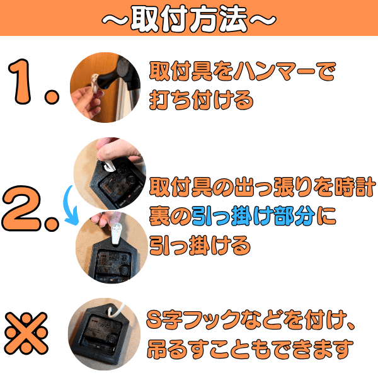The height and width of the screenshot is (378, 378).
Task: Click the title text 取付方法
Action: [x=189, y=18]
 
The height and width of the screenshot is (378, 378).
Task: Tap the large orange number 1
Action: [x=21, y=81]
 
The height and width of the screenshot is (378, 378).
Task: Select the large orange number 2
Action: [x=21, y=209]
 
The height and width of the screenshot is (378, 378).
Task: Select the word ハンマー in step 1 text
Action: [x=273, y=71]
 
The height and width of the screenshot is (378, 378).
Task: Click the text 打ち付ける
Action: [x=202, y=100]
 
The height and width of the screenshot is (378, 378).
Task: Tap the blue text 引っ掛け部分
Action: [x=253, y=215]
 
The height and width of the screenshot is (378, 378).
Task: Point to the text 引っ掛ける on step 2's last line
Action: [x=200, y=245]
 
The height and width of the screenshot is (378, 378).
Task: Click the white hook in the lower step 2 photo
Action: [x=117, y=233]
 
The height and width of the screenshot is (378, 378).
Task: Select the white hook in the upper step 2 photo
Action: [x=108, y=165]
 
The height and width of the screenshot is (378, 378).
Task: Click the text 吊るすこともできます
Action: [x=250, y=350]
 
